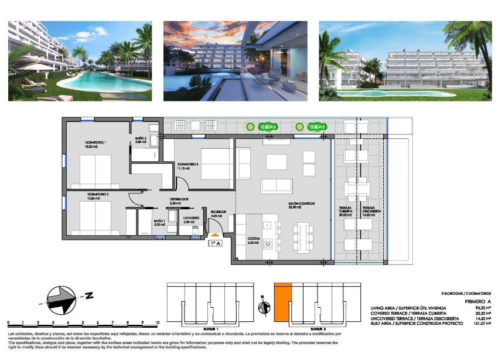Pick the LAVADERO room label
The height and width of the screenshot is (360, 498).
point(189,219)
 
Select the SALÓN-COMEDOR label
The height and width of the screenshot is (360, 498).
point(302,205)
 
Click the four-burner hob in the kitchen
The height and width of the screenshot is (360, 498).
point(269,244)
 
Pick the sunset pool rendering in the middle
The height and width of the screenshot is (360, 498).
point(236,61)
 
